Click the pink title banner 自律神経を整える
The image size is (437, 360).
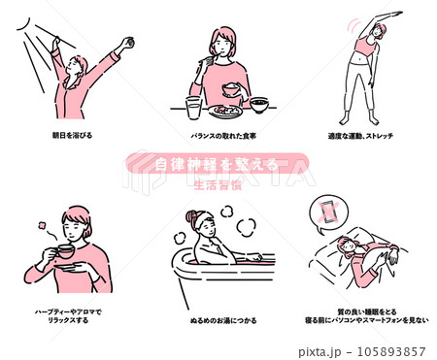[x=218, y=163]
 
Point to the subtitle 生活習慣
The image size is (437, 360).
[x=218, y=181]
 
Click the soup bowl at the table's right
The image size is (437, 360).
[x=259, y=102]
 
